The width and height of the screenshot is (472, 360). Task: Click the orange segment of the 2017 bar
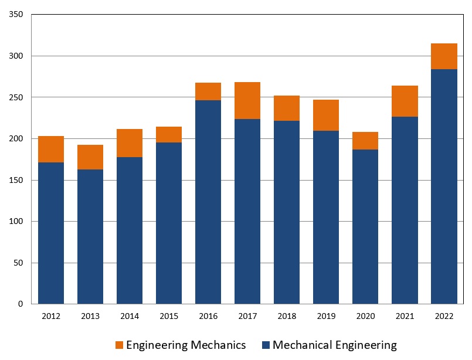click(247, 100)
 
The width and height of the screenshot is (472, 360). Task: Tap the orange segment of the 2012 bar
click(51, 149)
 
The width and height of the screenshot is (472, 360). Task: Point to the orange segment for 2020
click(365, 141)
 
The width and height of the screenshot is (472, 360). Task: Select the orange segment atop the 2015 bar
click(169, 134)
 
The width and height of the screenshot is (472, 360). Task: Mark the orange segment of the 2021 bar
click(405, 101)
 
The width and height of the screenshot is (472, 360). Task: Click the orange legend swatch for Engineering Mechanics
click(120, 345)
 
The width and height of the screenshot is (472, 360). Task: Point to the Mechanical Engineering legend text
click(335, 345)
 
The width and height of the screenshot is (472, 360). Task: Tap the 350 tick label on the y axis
click(16, 15)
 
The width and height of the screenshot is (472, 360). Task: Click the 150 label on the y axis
click(16, 180)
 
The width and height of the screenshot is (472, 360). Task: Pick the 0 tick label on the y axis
click(20, 304)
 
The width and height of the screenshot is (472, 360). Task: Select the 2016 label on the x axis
click(208, 317)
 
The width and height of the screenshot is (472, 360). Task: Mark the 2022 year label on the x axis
click(444, 317)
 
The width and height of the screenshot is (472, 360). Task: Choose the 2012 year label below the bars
click(51, 317)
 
